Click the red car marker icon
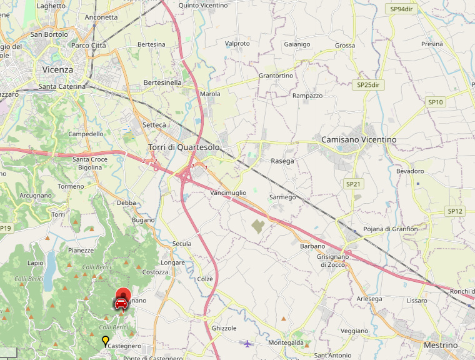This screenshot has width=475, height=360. [x=121, y=302]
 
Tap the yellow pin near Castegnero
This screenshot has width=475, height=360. [x=105, y=341]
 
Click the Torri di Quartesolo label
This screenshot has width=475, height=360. [x=184, y=147]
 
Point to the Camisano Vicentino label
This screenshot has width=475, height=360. [x=359, y=139]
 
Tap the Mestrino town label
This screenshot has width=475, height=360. [x=440, y=345]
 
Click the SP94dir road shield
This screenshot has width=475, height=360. [x=402, y=9]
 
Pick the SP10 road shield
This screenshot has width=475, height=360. [x=436, y=102]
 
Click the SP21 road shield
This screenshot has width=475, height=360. [x=354, y=184]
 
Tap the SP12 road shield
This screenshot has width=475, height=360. [x=455, y=211]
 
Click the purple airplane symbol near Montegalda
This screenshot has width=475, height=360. [x=248, y=342]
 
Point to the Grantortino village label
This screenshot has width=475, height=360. [x=276, y=76]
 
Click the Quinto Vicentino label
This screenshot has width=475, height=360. [x=203, y=6]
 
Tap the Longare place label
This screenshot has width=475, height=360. [x=173, y=262]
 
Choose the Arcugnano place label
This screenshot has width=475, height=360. [x=36, y=196]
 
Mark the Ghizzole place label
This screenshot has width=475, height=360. [x=224, y=328]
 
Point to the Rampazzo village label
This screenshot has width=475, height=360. [x=307, y=96]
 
